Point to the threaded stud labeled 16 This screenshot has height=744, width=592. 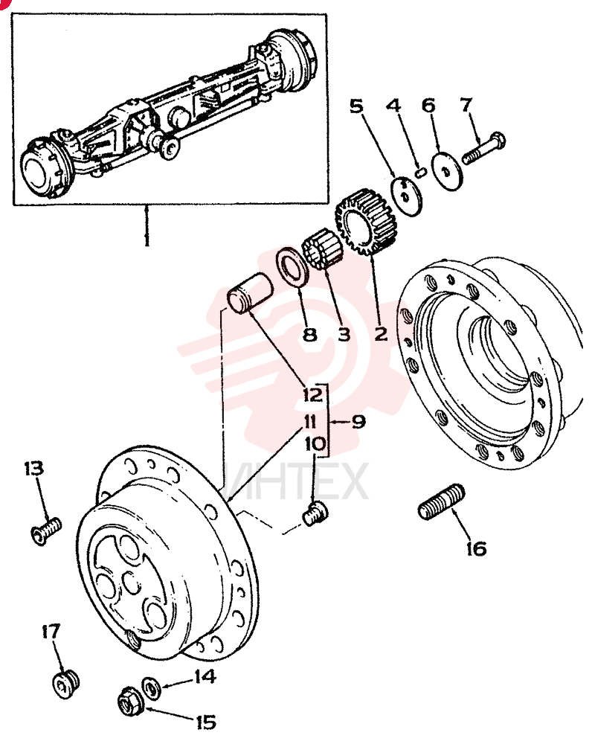click(x=442, y=501)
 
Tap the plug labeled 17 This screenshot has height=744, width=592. click(x=65, y=683)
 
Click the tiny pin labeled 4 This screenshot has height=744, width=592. click(x=420, y=173)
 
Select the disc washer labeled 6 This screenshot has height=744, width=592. click(x=447, y=171)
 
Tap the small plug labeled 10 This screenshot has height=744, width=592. click(x=315, y=514)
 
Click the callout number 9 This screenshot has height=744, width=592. click(x=358, y=421)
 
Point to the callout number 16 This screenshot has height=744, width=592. click(x=477, y=549)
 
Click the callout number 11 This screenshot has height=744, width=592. click(x=310, y=421)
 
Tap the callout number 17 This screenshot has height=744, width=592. click(x=51, y=632)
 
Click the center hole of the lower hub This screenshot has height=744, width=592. click(x=130, y=583)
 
